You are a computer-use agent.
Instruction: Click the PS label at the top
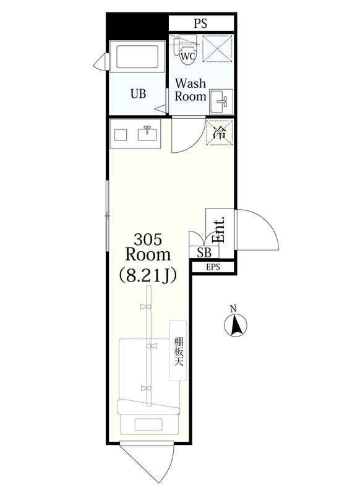pyautogui.click(x=200, y=24)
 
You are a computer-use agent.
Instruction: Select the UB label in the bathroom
pyautogui.click(x=138, y=94)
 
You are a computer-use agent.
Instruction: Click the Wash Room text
pyautogui.click(x=190, y=90)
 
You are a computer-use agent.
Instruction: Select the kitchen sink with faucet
pyautogui.click(x=148, y=134)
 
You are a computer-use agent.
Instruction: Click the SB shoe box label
pyautogui.click(x=204, y=252)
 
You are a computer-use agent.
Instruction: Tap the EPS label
pyautogui.click(x=213, y=267)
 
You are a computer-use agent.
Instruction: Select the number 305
pyautogui.click(x=148, y=239)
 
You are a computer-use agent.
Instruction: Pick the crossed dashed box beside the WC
pyautogui.click(x=217, y=49)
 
